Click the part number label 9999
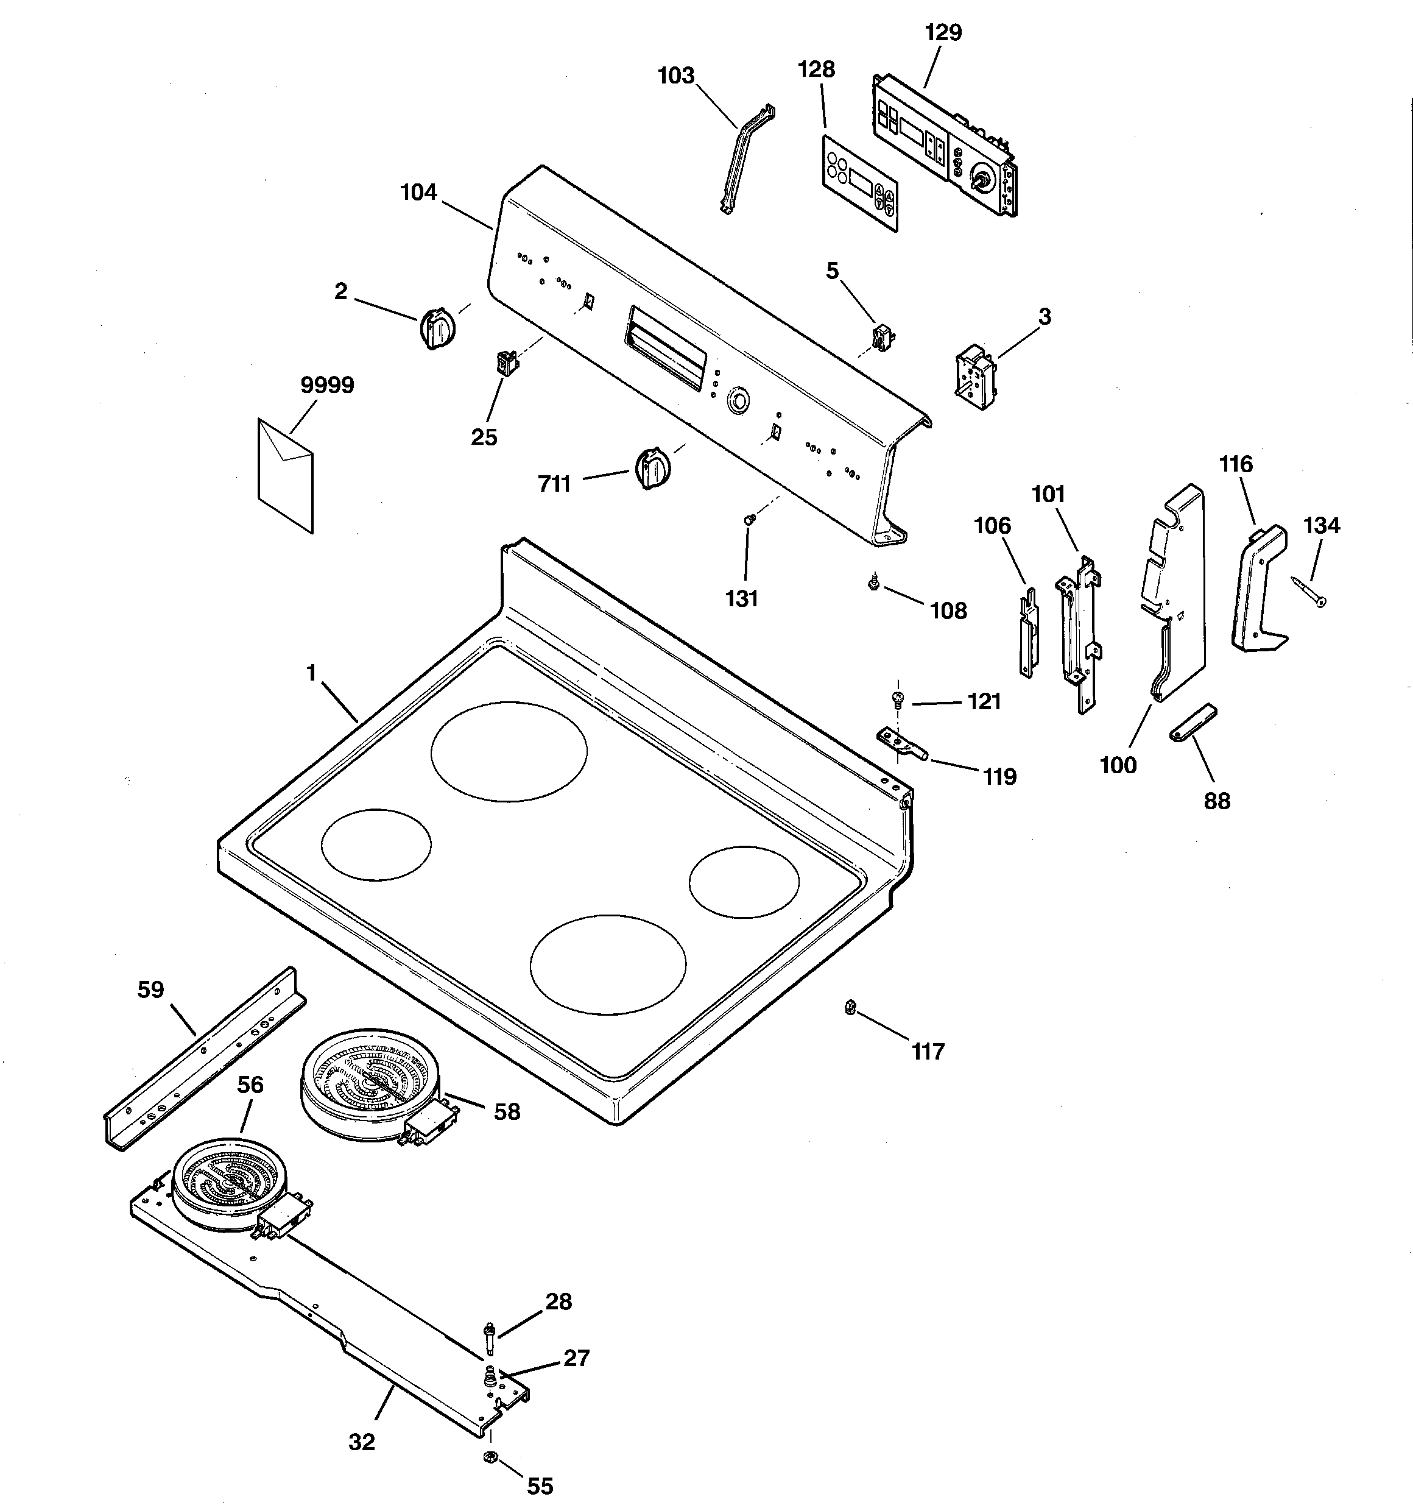click(x=327, y=385)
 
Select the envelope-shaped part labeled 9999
click(x=286, y=476)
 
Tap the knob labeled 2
click(x=437, y=328)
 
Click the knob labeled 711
click(x=652, y=468)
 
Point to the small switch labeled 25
click(x=504, y=362)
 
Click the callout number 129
click(x=943, y=33)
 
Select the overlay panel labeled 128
click(x=861, y=183)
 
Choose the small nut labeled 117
click(x=850, y=1007)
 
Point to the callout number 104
click(x=418, y=193)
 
